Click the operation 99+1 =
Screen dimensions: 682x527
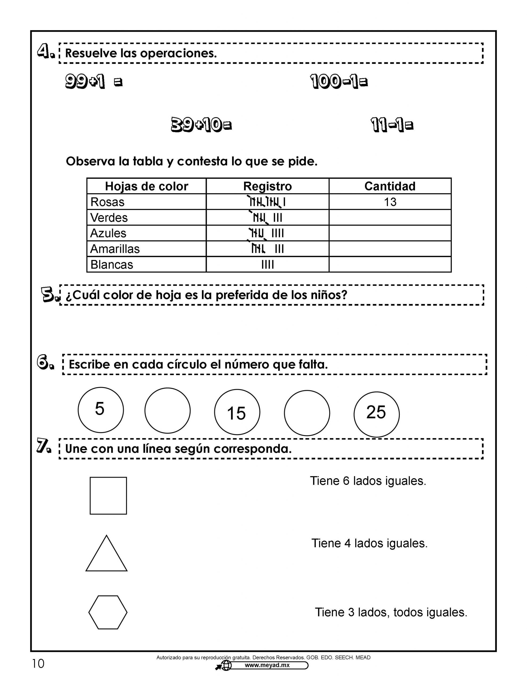[x=94, y=82]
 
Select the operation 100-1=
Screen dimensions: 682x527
[x=339, y=82]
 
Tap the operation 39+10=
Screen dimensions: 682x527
[x=201, y=125]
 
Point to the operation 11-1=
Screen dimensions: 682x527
[x=392, y=125]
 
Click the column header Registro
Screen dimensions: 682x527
[x=267, y=186]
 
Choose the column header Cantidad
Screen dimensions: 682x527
[x=390, y=186]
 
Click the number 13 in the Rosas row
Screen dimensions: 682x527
[x=390, y=202]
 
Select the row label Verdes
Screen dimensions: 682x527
[x=109, y=218]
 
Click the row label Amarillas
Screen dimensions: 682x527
[x=115, y=249]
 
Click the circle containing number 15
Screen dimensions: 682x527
[x=237, y=412]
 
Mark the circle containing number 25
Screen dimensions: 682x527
[x=376, y=414]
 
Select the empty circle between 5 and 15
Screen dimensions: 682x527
[x=167, y=410]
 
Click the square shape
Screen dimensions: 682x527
[x=108, y=496]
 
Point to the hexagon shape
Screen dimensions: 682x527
[x=108, y=612]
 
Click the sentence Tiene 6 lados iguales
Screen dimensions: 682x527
[x=368, y=481]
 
